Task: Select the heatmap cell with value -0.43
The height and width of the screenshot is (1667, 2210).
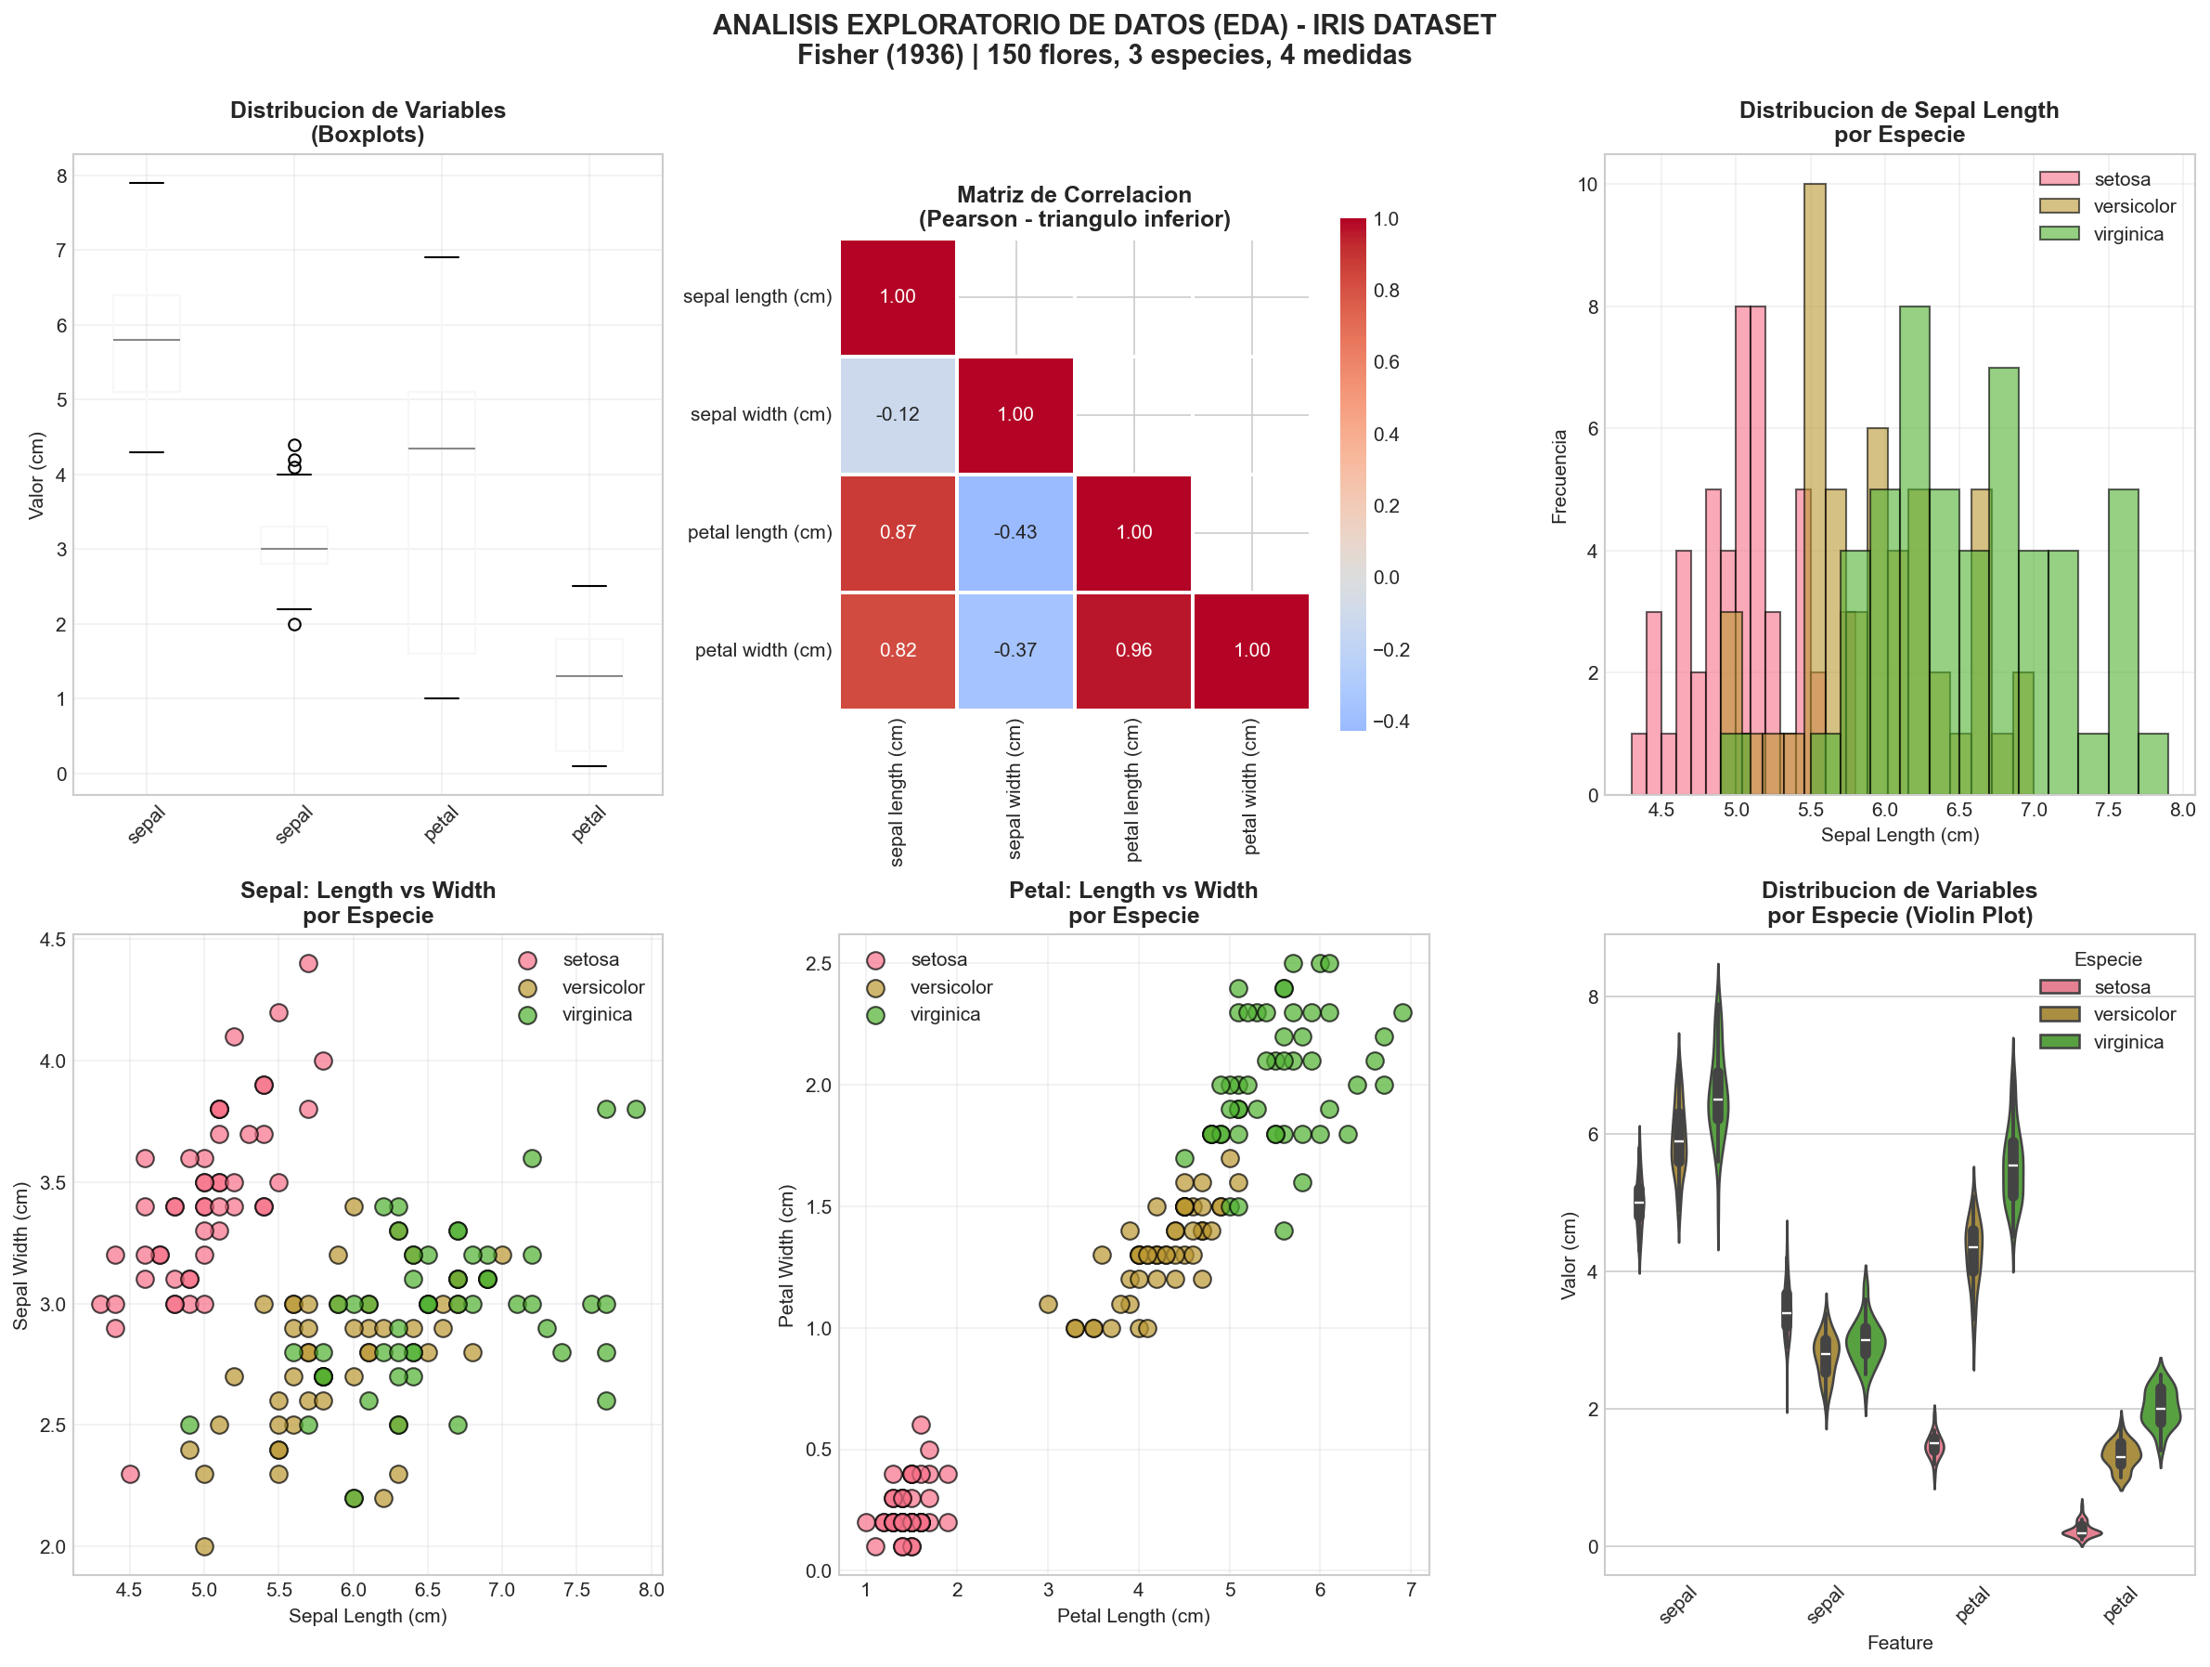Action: pyautogui.click(x=1015, y=533)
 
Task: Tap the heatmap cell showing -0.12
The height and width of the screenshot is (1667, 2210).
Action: pyautogui.click(x=898, y=415)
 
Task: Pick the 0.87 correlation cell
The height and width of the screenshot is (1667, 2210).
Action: pyautogui.click(x=898, y=533)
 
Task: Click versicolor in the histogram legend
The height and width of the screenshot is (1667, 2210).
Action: pyautogui.click(x=2134, y=207)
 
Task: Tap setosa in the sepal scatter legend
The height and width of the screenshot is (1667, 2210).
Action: pyautogui.click(x=589, y=960)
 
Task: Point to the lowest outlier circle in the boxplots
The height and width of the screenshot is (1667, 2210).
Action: pyautogui.click(x=295, y=625)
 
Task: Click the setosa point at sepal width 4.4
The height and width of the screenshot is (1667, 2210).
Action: pyautogui.click(x=309, y=963)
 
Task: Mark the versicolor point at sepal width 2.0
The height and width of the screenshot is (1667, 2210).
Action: pyautogui.click(x=204, y=1546)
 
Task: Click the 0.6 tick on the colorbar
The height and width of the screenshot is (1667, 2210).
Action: pyautogui.click(x=1386, y=363)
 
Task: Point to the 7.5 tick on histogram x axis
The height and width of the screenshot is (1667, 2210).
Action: pyautogui.click(x=2108, y=811)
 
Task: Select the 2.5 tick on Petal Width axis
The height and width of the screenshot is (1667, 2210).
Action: pyautogui.click(x=819, y=963)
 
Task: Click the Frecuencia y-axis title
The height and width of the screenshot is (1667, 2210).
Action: pyautogui.click(x=1559, y=476)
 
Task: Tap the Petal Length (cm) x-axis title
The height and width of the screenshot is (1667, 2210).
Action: pyautogui.click(x=1133, y=1616)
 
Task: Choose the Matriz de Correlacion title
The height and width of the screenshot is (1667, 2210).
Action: pyautogui.click(x=1074, y=195)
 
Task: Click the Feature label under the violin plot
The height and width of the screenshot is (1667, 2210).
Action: pyautogui.click(x=1899, y=1643)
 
